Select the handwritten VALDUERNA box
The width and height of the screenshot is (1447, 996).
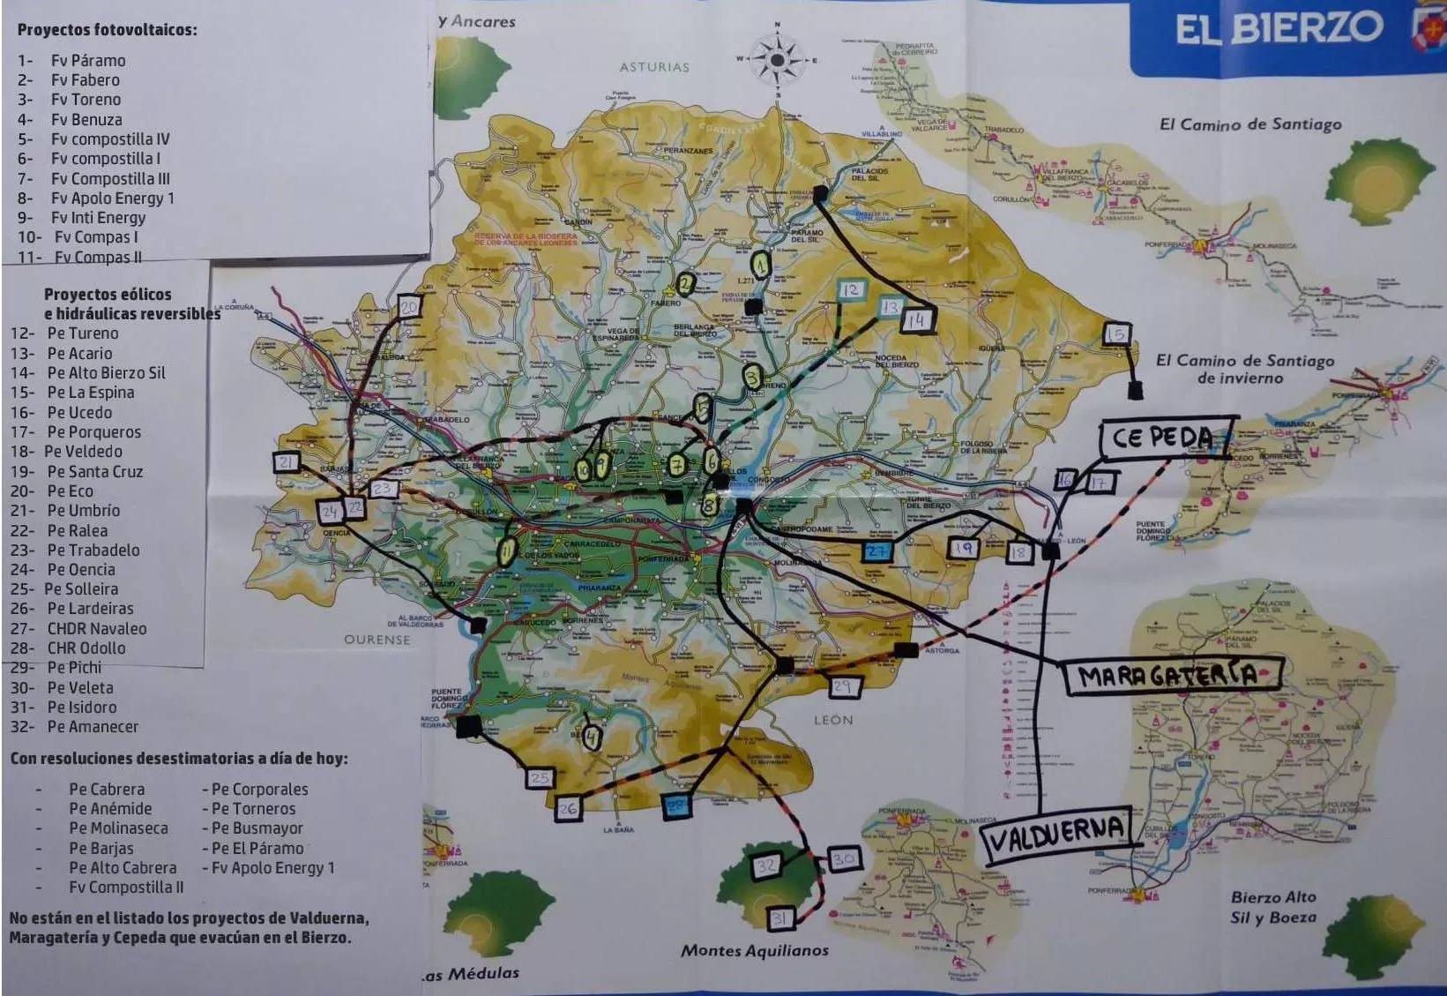[1055, 830]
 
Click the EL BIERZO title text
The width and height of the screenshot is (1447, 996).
[1278, 29]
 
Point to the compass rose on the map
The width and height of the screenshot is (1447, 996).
[777, 60]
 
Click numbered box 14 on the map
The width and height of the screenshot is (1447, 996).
[917, 319]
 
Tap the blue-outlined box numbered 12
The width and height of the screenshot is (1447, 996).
[850, 290]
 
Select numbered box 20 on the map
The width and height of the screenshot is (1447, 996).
[409, 307]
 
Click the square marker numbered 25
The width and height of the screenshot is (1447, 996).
[540, 778]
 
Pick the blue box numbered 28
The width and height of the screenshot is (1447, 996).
[675, 805]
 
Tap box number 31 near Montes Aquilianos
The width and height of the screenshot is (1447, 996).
[779, 918]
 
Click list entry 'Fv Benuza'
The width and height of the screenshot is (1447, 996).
[86, 119]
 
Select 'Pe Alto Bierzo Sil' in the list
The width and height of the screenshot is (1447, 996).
[106, 373]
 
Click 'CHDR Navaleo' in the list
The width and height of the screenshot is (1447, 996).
[97, 628]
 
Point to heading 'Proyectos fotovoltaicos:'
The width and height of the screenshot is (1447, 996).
[107, 29]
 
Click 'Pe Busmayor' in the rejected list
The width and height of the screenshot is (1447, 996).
[257, 828]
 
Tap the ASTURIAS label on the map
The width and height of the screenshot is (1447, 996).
[653, 66]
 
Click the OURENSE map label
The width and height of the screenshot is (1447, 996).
[377, 639]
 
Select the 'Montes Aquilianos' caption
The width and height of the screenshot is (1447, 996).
[754, 950]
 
